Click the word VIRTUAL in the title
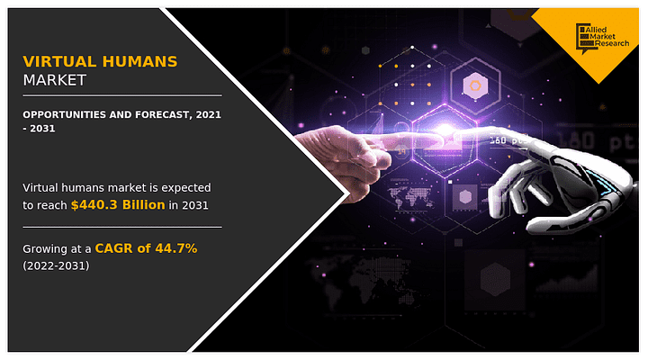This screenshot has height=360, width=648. [59, 61]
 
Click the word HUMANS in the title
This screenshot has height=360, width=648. [139, 61]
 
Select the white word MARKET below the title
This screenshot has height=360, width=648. [55, 80]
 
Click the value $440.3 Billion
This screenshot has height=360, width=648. [118, 205]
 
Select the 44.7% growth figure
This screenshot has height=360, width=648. [176, 248]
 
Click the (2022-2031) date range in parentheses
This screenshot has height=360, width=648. [56, 265]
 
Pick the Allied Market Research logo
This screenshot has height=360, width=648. [602, 39]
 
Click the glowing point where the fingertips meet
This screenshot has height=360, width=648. [445, 130]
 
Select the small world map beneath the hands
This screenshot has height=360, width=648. [410, 197]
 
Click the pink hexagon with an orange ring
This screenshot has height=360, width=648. [475, 86]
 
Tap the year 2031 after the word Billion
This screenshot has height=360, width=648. [195, 205]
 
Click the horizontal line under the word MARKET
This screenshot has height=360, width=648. [122, 95]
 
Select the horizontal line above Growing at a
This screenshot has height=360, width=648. [122, 227]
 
